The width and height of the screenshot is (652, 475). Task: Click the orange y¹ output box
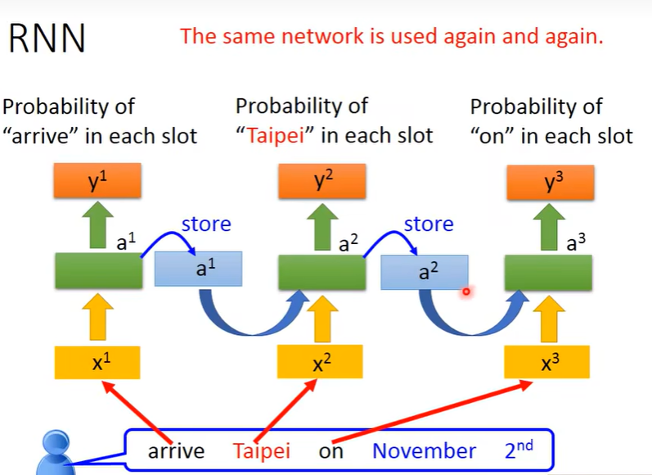click(99, 181)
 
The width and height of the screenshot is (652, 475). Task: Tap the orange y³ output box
click(548, 181)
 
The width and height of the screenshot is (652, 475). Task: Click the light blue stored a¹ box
click(199, 269)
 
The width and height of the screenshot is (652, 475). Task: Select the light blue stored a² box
click(424, 272)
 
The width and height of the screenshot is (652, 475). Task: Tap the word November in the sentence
click(424, 451)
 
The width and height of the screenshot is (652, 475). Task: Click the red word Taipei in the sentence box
click(261, 451)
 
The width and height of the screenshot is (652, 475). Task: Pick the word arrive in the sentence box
click(175, 451)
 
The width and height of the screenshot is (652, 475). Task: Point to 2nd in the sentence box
click(522, 450)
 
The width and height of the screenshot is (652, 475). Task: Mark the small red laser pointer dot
click(466, 291)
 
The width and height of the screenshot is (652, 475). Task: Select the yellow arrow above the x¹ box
click(98, 319)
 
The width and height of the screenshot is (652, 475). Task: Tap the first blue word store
click(206, 224)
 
